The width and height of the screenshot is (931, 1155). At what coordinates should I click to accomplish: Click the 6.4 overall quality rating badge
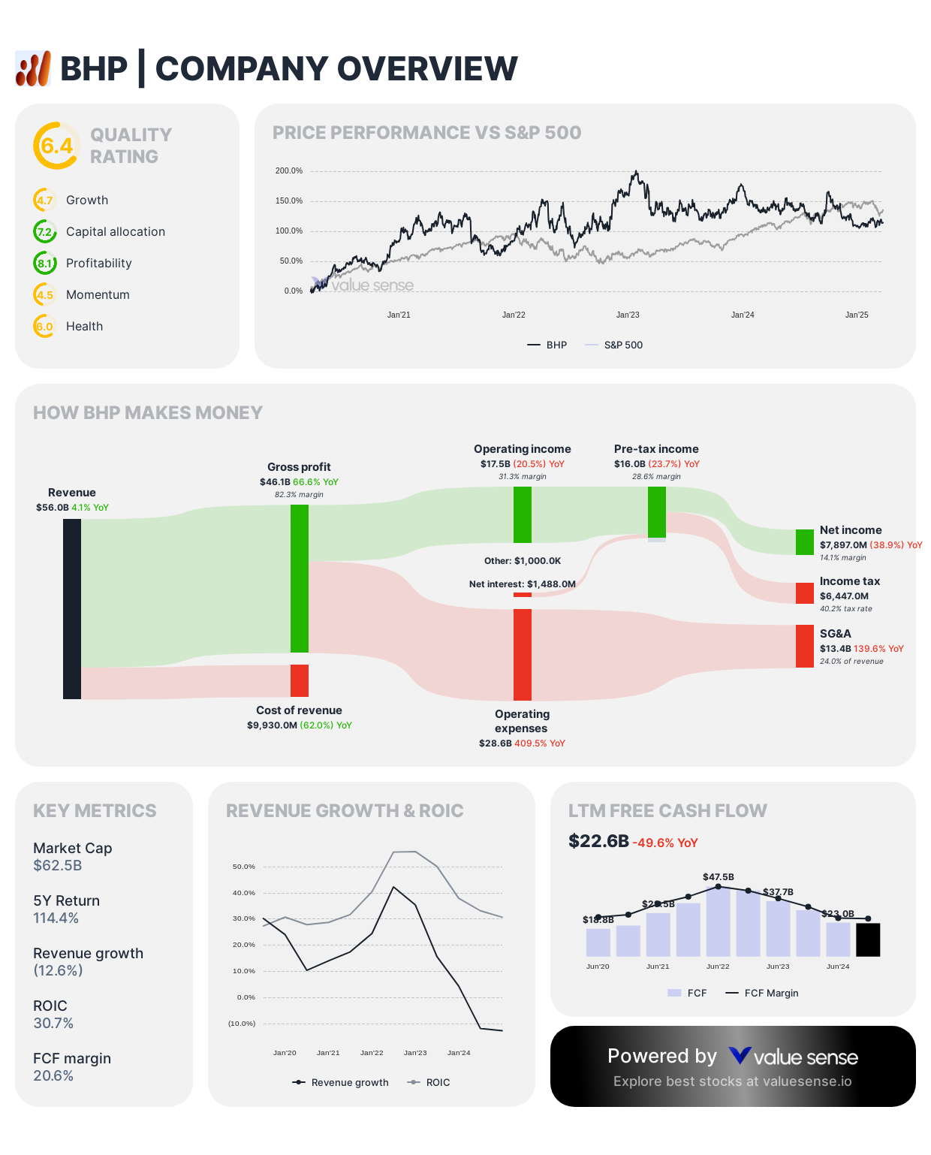click(56, 146)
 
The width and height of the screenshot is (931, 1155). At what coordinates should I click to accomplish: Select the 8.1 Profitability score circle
click(45, 264)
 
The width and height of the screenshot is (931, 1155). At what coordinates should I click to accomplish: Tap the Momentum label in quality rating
click(98, 295)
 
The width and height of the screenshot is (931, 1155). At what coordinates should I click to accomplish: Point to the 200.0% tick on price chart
click(289, 171)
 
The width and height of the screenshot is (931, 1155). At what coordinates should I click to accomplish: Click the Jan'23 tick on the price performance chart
click(628, 315)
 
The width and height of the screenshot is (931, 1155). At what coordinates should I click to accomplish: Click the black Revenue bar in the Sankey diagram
click(72, 609)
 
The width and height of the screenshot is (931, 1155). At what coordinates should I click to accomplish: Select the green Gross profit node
click(300, 578)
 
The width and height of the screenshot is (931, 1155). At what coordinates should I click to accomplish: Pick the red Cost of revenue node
click(300, 680)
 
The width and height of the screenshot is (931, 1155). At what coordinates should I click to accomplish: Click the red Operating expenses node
click(523, 654)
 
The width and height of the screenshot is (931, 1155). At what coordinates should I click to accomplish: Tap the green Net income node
click(804, 542)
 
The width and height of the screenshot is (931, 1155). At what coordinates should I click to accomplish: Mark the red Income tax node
click(804, 593)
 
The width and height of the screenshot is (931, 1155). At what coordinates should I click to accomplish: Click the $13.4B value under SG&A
click(835, 649)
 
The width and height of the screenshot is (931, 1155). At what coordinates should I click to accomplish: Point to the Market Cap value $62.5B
click(58, 866)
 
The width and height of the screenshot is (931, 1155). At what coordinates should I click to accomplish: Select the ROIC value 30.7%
click(53, 1024)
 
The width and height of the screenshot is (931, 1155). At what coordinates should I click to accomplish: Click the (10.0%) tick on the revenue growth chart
click(242, 1024)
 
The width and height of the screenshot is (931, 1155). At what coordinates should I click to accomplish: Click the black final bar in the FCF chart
click(868, 939)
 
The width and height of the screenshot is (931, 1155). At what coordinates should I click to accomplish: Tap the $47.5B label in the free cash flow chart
click(719, 877)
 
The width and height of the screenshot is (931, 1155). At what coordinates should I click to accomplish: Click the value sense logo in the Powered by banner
click(793, 1057)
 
